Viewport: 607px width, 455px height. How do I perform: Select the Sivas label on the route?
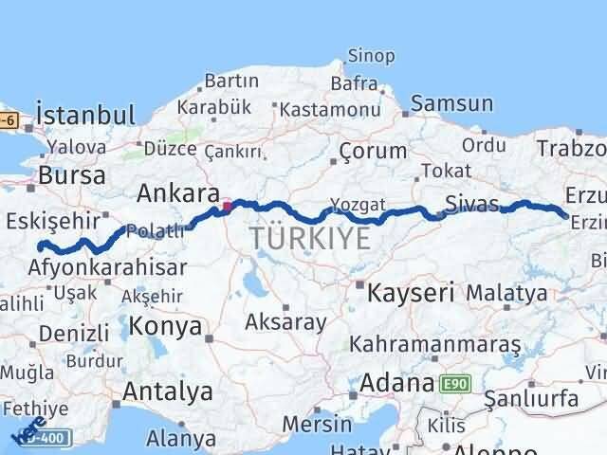(x=471, y=203)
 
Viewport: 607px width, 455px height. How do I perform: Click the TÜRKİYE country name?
(x=310, y=239)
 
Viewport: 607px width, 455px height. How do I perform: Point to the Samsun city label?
(x=452, y=104)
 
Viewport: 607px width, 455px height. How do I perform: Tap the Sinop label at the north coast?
(x=371, y=56)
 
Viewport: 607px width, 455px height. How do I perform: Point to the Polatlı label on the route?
(x=153, y=231)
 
